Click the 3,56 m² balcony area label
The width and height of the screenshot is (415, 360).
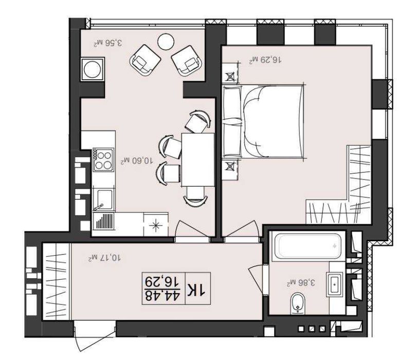point(108,43)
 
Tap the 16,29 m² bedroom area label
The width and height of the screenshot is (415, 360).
point(265,60)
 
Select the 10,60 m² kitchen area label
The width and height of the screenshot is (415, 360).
point(137,160)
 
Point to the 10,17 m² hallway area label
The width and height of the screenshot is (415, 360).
point(105,257)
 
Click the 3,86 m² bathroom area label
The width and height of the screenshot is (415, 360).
point(301,282)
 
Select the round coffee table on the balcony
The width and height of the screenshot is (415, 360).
point(166,41)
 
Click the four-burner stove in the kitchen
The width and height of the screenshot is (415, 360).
point(103,160)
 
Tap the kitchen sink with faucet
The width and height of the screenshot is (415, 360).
point(103,200)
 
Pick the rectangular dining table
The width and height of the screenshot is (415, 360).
point(198,159)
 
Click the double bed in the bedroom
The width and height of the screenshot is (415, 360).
point(263,121)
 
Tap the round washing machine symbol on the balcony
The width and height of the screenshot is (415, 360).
point(93,69)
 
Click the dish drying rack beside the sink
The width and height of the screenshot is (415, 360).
point(104,221)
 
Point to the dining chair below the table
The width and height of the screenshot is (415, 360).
point(195,196)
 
